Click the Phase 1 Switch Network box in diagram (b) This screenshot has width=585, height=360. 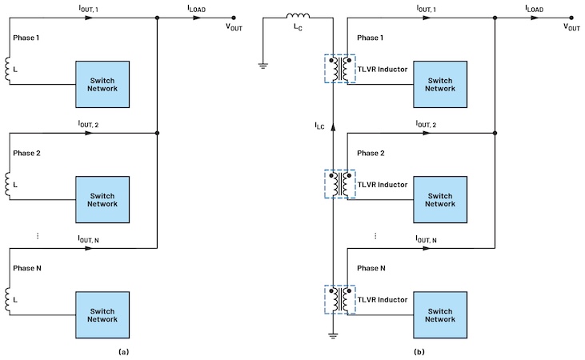[439, 82]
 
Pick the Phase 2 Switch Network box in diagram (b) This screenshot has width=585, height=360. [439, 198]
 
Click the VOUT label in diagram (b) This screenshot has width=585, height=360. [572, 26]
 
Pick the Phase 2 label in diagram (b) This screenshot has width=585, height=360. [371, 154]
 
